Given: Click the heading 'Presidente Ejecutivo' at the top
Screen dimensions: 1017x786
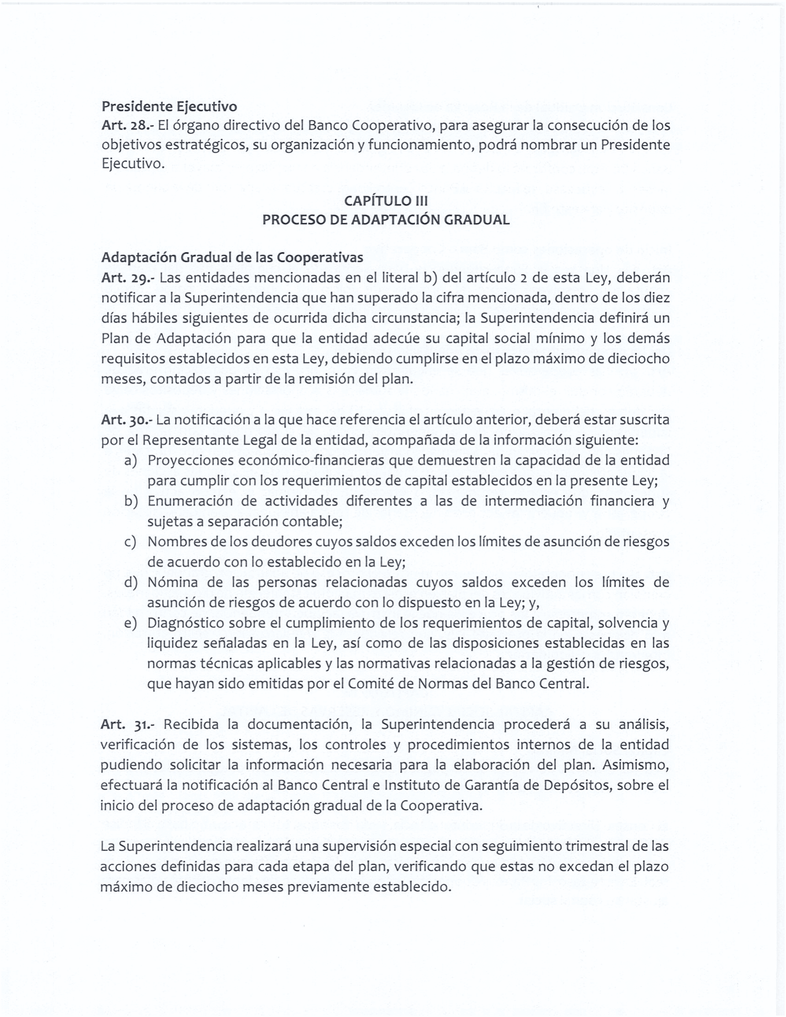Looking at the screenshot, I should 169,107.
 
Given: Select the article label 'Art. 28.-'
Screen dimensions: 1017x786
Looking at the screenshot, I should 127,126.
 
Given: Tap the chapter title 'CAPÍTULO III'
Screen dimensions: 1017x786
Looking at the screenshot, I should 386,201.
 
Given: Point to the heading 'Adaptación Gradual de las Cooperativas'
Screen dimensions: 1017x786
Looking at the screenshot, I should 232,257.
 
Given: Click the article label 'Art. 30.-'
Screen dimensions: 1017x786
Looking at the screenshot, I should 127,420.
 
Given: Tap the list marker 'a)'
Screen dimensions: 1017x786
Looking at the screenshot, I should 130,460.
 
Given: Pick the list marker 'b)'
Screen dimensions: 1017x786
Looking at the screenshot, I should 131,501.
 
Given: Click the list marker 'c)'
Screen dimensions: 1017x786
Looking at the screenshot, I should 130,542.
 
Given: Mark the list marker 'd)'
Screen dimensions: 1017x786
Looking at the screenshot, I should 131,582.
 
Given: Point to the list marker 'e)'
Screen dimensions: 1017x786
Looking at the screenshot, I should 130,623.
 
